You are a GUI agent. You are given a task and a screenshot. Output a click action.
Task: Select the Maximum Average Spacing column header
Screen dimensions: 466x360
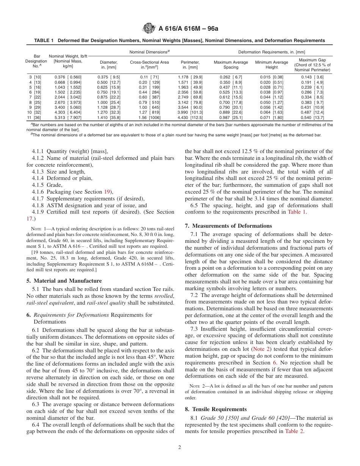pyautogui.click(x=231, y=65)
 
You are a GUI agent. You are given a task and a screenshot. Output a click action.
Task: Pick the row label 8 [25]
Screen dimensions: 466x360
pyautogui.click(x=35, y=103)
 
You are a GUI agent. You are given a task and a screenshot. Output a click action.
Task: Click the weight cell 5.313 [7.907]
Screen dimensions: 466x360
pyautogui.click(x=68, y=117)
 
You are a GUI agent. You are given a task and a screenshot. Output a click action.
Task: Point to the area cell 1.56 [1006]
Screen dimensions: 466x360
pyautogui.click(x=149, y=117)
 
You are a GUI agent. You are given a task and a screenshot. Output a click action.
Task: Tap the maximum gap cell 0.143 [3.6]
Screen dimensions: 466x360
pyautogui.click(x=312, y=77)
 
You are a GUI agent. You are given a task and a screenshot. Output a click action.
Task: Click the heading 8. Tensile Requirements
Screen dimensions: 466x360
pyautogui.click(x=216, y=409)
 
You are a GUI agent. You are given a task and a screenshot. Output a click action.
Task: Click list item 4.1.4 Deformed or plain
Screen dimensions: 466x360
pyautogui.click(x=62, y=178)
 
